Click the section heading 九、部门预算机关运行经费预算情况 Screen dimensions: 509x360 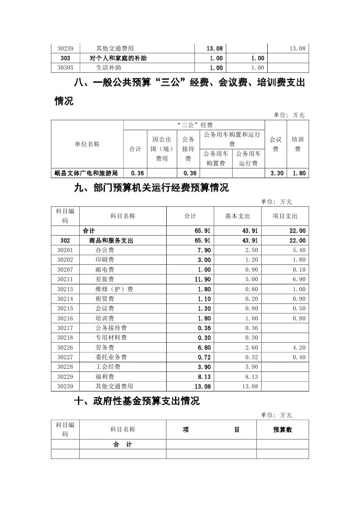[151, 189]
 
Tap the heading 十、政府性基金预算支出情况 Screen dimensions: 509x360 [137, 401]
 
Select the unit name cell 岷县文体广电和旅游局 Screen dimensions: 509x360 [87, 173]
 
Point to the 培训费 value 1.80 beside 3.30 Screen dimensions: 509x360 [299, 173]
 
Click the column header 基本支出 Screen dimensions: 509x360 [237, 216]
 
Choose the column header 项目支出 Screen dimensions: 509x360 [285, 216]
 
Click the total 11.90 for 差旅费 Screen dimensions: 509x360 [203, 280]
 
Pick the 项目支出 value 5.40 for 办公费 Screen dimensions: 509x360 [299, 250]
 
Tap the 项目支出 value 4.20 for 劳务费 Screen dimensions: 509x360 [299, 347]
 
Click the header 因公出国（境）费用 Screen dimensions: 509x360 [161, 149]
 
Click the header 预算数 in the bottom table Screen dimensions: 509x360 [283, 430]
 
